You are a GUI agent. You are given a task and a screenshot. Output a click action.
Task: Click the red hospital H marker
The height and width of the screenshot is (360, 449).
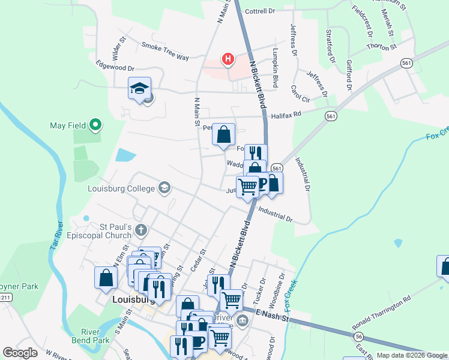coord(228,59)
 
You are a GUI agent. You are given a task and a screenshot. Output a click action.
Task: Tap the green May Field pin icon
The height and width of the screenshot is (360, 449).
coord(95,125)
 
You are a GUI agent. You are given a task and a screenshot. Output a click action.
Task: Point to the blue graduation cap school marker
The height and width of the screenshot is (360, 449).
coord(139,89)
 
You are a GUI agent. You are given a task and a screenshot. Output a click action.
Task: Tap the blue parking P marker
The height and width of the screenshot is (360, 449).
coord(262,182)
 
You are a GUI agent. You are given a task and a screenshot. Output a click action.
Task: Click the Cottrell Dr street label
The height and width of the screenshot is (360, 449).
coord(259,11)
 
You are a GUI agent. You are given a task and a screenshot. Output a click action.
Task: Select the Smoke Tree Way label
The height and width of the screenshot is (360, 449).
coord(165,51)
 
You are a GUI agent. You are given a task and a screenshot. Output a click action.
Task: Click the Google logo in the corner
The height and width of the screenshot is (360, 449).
coord(20,353)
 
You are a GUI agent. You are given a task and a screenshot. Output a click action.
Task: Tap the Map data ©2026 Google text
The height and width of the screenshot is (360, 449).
coord(412,355)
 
